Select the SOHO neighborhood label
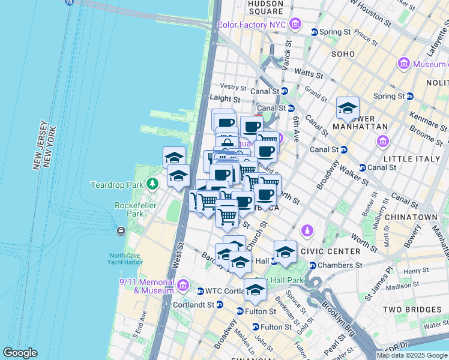(343, 53)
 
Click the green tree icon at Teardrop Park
(154, 183)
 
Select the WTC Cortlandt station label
(226, 291)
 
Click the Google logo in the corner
(20, 353)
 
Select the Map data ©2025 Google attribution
(412, 355)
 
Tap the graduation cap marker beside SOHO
(348, 108)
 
